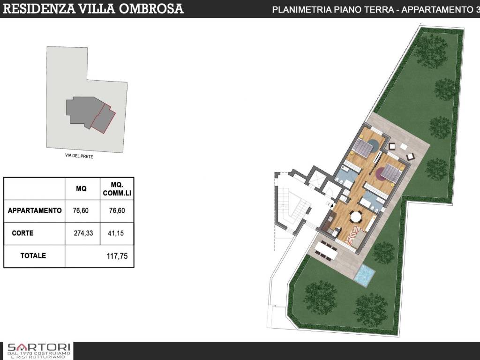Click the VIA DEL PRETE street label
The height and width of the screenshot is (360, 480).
coord(79,157)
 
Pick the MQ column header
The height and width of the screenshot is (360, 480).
coord(81,189)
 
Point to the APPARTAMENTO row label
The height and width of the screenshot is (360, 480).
coord(35,210)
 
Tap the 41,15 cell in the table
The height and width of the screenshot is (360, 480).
coord(117,233)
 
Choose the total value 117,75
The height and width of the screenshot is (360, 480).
coord(117,256)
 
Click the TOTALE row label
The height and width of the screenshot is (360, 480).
coord(33,256)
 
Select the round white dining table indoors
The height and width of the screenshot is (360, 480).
coord(356,217)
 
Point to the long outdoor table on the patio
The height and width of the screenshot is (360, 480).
coord(325,250)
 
